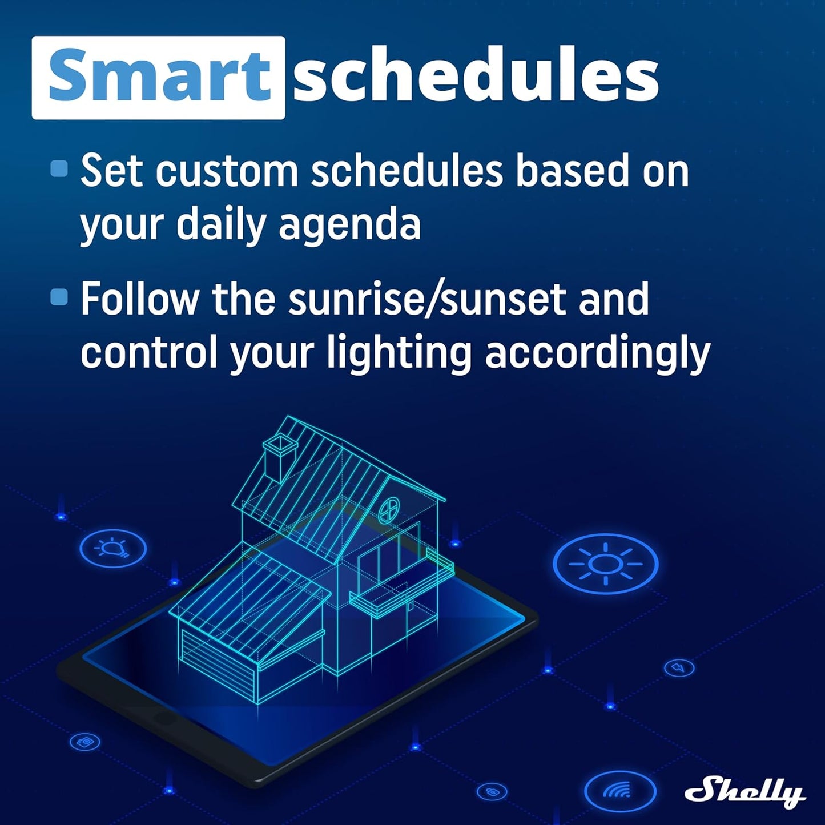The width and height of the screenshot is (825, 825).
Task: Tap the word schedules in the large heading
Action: pos(476,77)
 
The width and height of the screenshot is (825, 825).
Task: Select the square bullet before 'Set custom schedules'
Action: pos(59,169)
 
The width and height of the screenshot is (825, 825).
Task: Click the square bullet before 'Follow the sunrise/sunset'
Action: pos(59,297)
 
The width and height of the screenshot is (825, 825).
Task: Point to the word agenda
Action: pos(349,225)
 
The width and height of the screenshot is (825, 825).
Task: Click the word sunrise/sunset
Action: pos(427,299)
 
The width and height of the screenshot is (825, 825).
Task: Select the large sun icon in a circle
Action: pos(605,564)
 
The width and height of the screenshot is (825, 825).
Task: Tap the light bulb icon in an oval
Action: pos(113,548)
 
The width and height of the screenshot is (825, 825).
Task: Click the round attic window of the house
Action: pos(391,509)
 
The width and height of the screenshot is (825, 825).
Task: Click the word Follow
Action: pos(139,299)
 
